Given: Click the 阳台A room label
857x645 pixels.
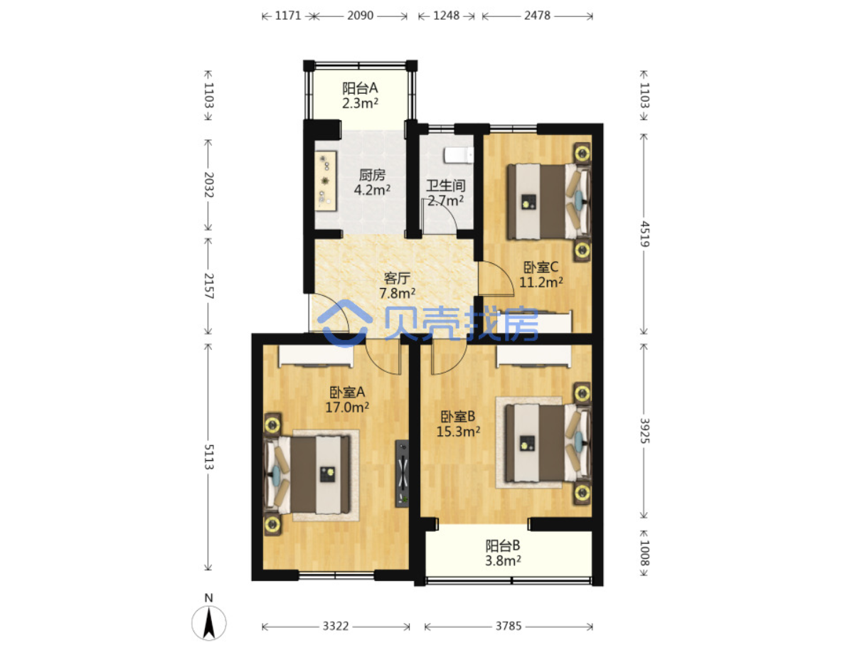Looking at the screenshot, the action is click(x=360, y=88).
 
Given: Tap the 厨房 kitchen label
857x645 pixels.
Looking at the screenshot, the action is click(x=372, y=176).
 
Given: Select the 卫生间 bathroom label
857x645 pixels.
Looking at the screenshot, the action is click(x=445, y=186).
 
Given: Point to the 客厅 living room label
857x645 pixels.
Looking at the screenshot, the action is click(x=397, y=278).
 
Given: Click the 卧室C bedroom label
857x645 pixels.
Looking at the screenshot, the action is click(x=541, y=267).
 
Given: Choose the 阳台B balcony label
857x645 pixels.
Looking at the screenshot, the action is click(x=503, y=545).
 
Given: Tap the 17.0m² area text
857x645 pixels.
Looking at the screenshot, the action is click(x=347, y=407).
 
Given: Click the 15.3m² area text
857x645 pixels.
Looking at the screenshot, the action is click(x=458, y=432).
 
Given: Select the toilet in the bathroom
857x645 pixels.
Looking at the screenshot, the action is click(x=459, y=155).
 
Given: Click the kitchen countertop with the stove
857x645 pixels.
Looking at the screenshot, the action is click(x=326, y=181).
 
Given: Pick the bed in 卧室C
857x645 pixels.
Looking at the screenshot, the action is click(x=548, y=201).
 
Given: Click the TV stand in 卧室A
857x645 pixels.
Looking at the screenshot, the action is click(x=402, y=474).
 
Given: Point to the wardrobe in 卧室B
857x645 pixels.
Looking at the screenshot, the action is click(x=533, y=356).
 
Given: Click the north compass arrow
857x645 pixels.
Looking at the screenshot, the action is click(x=209, y=623).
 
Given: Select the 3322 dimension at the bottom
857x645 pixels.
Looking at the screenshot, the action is click(x=336, y=627).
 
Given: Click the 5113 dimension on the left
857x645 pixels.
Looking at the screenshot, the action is click(x=208, y=457).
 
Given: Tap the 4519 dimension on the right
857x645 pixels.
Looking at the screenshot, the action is click(x=644, y=234).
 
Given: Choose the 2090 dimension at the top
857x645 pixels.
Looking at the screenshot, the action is click(x=360, y=16).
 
